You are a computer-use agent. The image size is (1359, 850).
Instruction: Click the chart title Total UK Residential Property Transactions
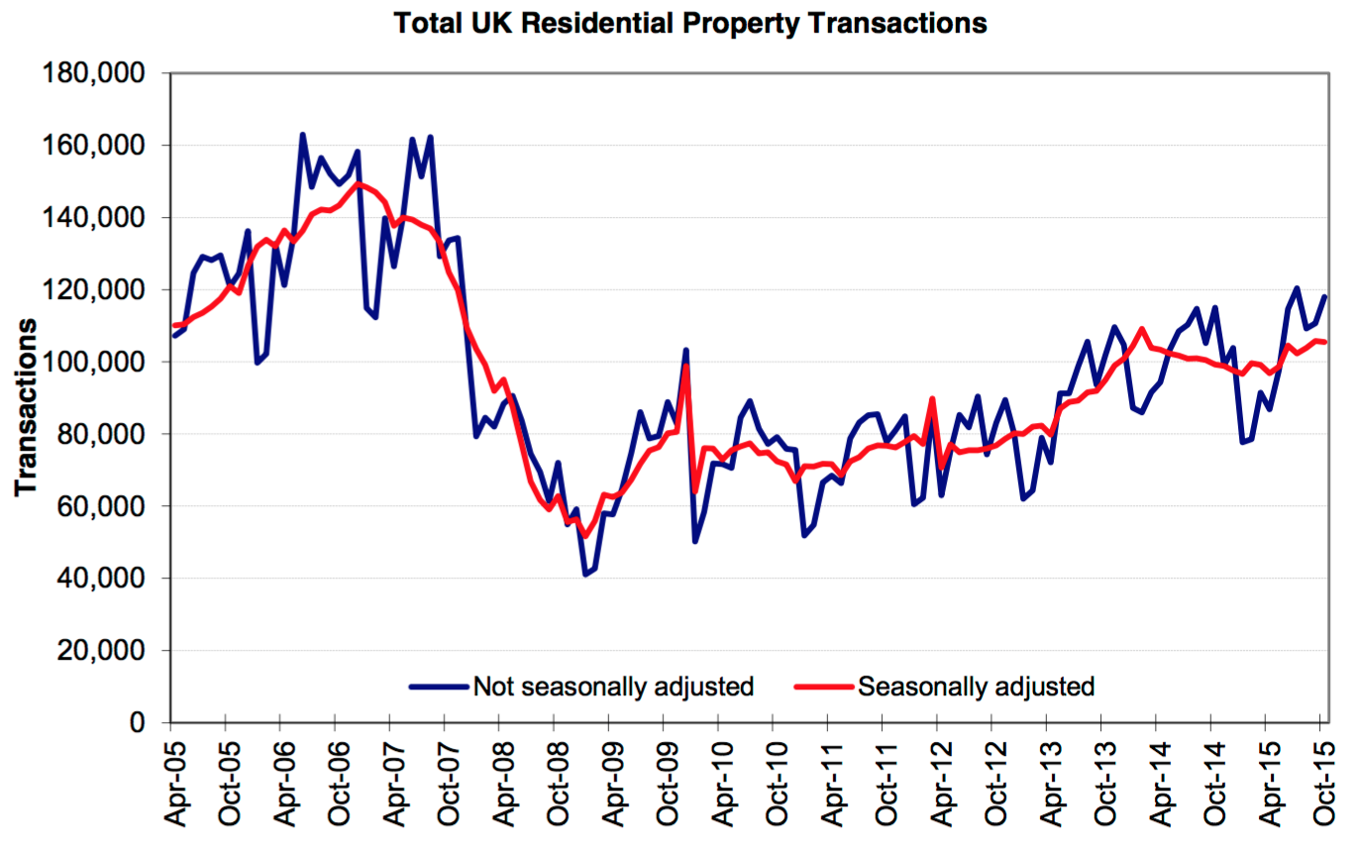(690, 23)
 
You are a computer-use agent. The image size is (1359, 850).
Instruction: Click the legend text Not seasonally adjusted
(614, 686)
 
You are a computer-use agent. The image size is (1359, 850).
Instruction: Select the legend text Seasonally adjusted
(976, 686)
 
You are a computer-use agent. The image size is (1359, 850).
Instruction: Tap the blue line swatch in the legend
(438, 686)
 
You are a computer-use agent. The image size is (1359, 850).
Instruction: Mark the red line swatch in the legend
(823, 686)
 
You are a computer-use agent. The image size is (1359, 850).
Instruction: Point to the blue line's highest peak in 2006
(302, 135)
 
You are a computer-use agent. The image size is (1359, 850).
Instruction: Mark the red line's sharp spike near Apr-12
(933, 398)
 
